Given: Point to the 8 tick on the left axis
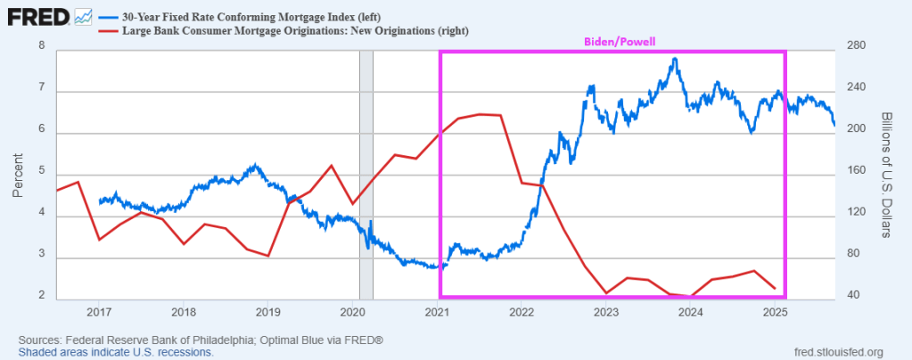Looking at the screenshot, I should click(43, 50).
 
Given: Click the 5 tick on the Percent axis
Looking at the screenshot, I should click(43, 175).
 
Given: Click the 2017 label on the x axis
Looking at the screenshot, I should click(98, 312).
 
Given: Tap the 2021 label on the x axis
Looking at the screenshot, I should click(437, 312).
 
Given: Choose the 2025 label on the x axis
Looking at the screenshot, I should click(775, 312).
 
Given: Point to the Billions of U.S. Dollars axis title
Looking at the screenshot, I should click(886, 176).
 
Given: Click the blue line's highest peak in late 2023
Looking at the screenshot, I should click(675, 59).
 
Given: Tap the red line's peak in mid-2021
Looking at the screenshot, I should click(481, 114).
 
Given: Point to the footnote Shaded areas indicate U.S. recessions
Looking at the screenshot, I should click(115, 353).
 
